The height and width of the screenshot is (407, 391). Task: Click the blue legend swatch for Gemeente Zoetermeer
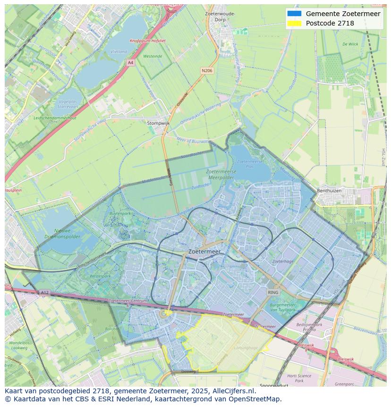pos(294,14)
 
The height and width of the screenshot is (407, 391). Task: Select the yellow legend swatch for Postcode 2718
pos(294,23)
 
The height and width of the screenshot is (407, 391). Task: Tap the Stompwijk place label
pos(158,123)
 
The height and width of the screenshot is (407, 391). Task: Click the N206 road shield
pos(206,70)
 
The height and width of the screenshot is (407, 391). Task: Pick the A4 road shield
pos(130,62)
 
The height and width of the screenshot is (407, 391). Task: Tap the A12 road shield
pos(44,293)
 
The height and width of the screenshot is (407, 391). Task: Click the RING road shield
pos(273,293)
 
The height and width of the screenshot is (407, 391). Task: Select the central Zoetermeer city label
pos(204,252)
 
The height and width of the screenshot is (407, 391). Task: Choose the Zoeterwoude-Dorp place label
pos(220,17)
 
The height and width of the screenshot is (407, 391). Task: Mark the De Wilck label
pos(350,44)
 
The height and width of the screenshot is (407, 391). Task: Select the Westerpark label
pos(100,276)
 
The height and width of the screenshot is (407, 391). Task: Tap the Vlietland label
pos(119,52)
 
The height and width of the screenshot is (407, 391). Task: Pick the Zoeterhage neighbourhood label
pos(283,261)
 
